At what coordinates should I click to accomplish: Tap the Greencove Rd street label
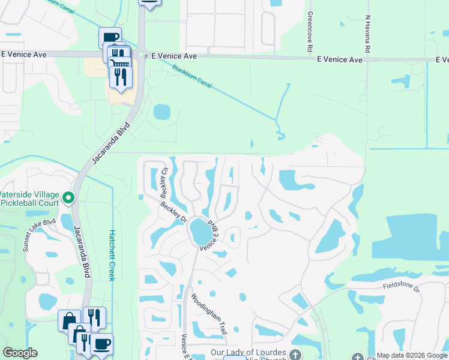[x=310, y=30]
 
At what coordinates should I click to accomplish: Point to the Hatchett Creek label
[x=112, y=255]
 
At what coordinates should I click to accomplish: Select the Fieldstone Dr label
[x=402, y=286]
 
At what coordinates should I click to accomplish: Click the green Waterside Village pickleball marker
[x=68, y=197]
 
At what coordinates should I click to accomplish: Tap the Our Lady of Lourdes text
[x=249, y=353]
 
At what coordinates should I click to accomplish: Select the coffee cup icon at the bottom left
[x=101, y=344]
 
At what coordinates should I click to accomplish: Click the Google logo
[x=20, y=353]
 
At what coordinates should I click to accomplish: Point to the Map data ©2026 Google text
[x=412, y=355]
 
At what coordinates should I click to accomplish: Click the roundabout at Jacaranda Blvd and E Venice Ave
[x=142, y=55]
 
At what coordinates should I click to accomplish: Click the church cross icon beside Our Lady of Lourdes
[x=295, y=353]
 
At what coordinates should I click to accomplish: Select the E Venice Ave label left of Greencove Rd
[x=174, y=56]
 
